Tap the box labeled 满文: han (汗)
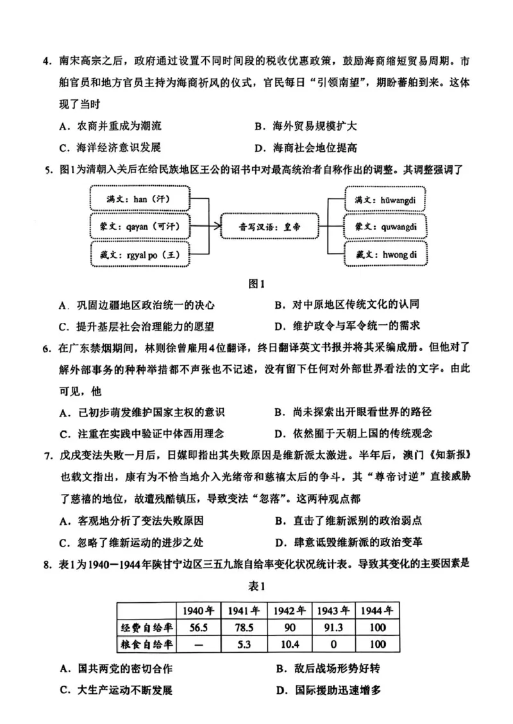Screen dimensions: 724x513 140,199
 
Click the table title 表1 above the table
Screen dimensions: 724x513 256,586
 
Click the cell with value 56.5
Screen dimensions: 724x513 199,627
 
